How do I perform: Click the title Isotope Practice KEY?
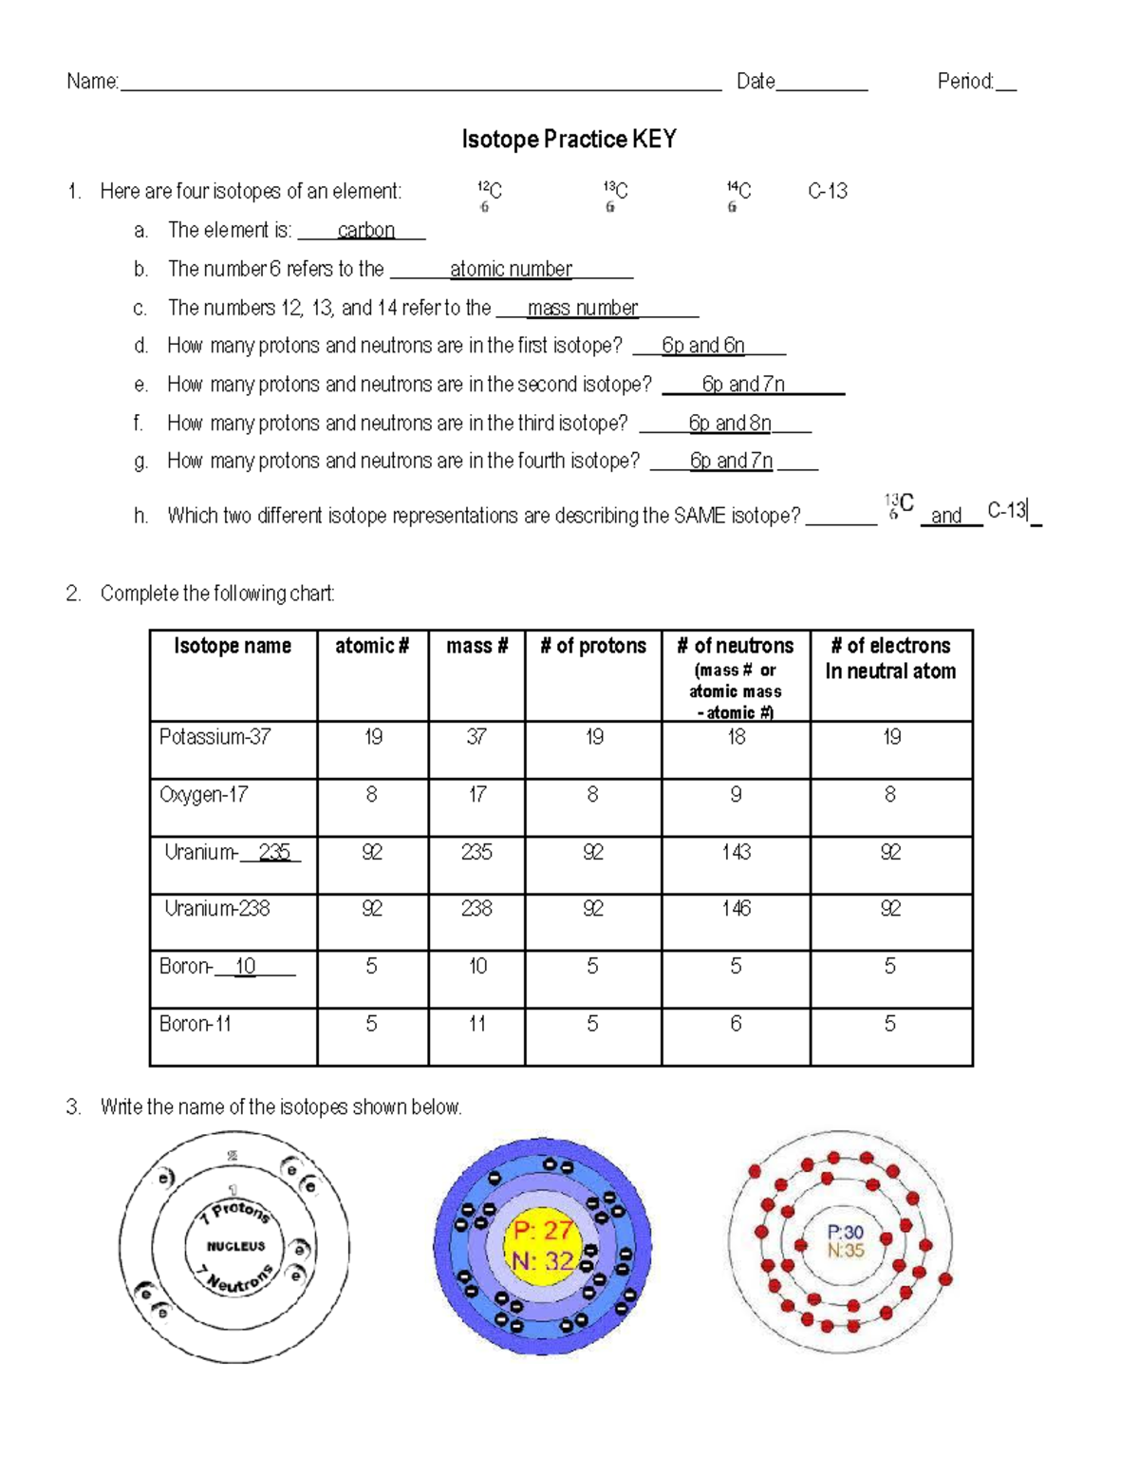tap(569, 140)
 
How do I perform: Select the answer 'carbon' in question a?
tap(365, 231)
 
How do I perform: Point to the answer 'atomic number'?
tap(511, 270)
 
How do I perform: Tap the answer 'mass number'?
tap(582, 309)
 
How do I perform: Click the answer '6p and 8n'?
tap(729, 424)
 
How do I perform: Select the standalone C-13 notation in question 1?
tap(828, 192)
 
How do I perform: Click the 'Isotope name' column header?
tap(233, 646)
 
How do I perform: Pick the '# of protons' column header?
tap(592, 646)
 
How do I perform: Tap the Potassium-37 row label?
tap(215, 737)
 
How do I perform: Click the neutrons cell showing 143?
tap(736, 852)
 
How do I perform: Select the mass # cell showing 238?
tap(476, 909)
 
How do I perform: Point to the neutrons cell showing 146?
tap(736, 909)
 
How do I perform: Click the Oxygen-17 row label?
tap(203, 795)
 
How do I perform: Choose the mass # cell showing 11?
tap(476, 1024)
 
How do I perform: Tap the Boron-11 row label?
tap(196, 1024)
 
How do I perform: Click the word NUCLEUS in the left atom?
tap(236, 1246)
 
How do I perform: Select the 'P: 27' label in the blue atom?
tap(542, 1231)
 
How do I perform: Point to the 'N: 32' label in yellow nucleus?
tap(542, 1261)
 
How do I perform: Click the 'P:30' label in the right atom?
tap(845, 1232)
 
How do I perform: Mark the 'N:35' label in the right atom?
tap(845, 1251)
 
